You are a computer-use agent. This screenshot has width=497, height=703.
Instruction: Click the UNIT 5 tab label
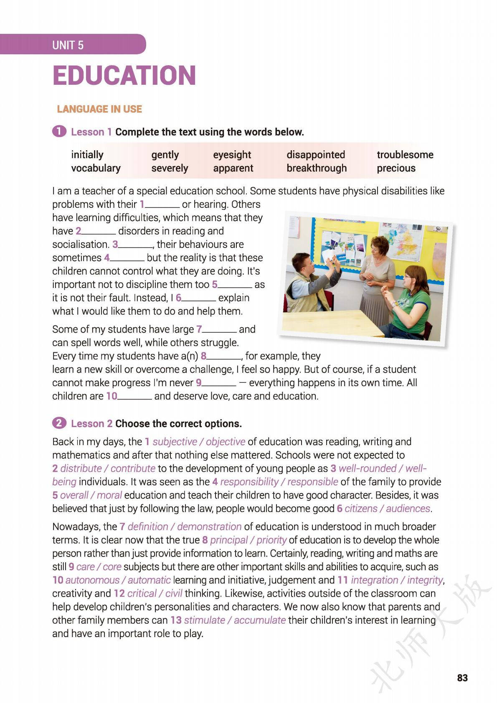tap(68, 45)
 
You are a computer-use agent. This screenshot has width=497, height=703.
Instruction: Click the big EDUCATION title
tap(124, 76)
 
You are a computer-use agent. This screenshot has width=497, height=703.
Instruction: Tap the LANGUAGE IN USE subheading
tap(99, 109)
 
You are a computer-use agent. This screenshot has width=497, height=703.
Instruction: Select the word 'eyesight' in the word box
tap(232, 155)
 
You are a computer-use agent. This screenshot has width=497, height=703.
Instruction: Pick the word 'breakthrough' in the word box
tap(316, 168)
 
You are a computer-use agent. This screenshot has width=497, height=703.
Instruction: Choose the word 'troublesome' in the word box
tap(405, 155)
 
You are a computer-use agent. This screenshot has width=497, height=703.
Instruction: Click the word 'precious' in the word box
tap(396, 168)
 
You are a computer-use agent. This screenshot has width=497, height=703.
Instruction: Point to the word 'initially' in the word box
tap(87, 155)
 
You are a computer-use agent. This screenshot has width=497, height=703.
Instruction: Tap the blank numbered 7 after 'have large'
tap(219, 330)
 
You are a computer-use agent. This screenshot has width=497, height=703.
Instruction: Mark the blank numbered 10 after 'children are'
tap(134, 397)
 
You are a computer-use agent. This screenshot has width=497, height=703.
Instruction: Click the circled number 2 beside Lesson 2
tap(59, 423)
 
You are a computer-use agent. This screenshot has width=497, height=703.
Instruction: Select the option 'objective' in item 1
tap(226, 442)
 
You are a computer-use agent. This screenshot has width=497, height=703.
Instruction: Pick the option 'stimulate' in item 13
tap(204, 620)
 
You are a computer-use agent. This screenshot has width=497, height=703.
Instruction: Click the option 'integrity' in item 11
tap(424, 580)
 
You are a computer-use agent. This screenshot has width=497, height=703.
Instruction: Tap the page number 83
tap(462, 678)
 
